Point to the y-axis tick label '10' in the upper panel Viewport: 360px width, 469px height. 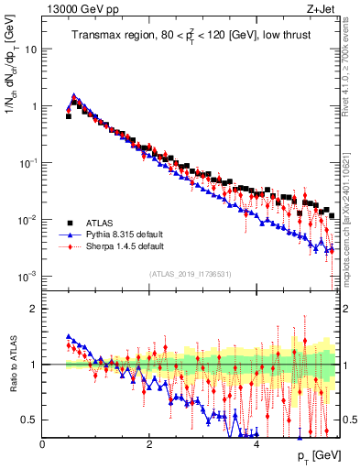pyautogui.click(x=30, y=49)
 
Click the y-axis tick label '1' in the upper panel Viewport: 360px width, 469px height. pyautogui.click(x=33, y=106)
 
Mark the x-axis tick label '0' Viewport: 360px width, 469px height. pyautogui.click(x=43, y=444)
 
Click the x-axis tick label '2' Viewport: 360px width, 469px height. pyautogui.click(x=149, y=444)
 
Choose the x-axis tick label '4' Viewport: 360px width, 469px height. pyautogui.click(x=256, y=444)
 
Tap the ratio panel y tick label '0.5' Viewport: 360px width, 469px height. pyautogui.click(x=27, y=420)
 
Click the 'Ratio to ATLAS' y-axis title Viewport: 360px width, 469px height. pyautogui.click(x=13, y=365)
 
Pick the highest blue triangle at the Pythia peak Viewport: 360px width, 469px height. pyautogui.click(x=73, y=94)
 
